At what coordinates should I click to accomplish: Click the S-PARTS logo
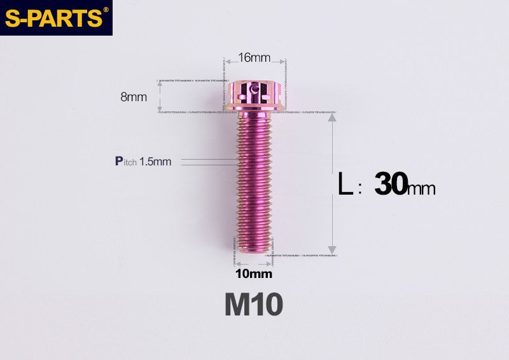tap(53, 17)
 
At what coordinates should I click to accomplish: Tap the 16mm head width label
tap(254, 58)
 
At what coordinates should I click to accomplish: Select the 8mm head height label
tap(133, 97)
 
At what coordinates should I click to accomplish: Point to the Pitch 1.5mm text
tap(143, 162)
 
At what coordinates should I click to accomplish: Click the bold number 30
tap(390, 184)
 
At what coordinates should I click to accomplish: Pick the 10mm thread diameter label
tap(253, 274)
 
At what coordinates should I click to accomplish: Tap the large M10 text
tap(253, 305)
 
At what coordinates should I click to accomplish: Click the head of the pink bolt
tap(254, 93)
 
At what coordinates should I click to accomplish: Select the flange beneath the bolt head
tap(254, 109)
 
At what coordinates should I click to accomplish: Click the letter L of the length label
tap(345, 185)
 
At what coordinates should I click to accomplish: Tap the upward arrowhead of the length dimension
tap(331, 120)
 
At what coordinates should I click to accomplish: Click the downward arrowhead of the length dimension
tap(331, 249)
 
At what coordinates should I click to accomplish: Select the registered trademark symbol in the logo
tap(106, 10)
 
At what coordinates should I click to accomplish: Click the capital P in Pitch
tap(118, 161)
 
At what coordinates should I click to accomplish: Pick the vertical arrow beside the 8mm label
tap(159, 97)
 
